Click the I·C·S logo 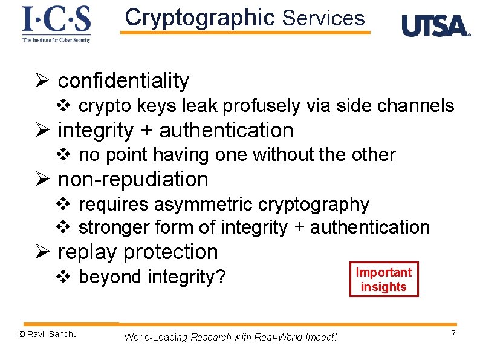(56, 23)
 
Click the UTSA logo (435, 26)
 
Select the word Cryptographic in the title (199, 18)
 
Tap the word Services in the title (323, 19)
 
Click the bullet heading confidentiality (123, 80)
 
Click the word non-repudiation (133, 180)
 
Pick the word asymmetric (205, 205)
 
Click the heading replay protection (137, 252)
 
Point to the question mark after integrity (221, 277)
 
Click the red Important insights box (383, 280)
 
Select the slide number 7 (453, 335)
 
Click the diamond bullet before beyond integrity (63, 278)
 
